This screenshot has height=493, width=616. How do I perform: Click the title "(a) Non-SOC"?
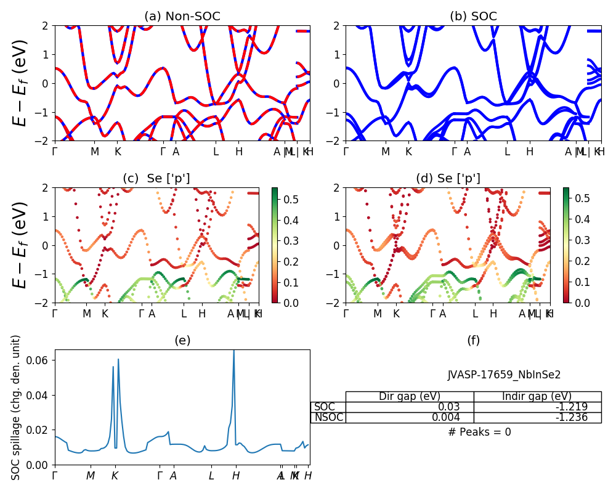pyautogui.click(x=182, y=17)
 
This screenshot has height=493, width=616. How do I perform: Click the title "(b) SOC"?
pyautogui.click(x=473, y=17)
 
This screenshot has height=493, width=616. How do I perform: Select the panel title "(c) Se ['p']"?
pyautogui.click(x=156, y=179)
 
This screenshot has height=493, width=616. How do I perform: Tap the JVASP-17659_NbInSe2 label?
pyautogui.click(x=504, y=375)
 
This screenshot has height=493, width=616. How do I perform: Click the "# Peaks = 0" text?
pyautogui.click(x=479, y=432)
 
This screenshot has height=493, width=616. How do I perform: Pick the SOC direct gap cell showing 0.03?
pyautogui.click(x=410, y=407)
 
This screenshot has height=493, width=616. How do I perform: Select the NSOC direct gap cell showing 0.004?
pyautogui.click(x=410, y=417)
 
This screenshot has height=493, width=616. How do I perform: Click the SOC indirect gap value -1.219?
pyautogui.click(x=537, y=407)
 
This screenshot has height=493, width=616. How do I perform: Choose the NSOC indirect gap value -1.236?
pyautogui.click(x=537, y=417)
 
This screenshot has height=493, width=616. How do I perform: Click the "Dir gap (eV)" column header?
pyautogui.click(x=410, y=396)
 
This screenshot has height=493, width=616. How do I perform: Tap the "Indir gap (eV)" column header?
pyautogui.click(x=537, y=396)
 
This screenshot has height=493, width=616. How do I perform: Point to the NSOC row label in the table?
pyautogui.click(x=328, y=417)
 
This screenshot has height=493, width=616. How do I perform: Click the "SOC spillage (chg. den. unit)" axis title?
pyautogui.click(x=17, y=407)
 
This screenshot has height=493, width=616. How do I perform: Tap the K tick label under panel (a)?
pyautogui.click(x=118, y=152)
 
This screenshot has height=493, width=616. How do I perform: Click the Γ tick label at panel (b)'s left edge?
pyautogui.click(x=346, y=152)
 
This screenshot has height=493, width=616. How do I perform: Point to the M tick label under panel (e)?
pyautogui.click(x=91, y=476)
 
